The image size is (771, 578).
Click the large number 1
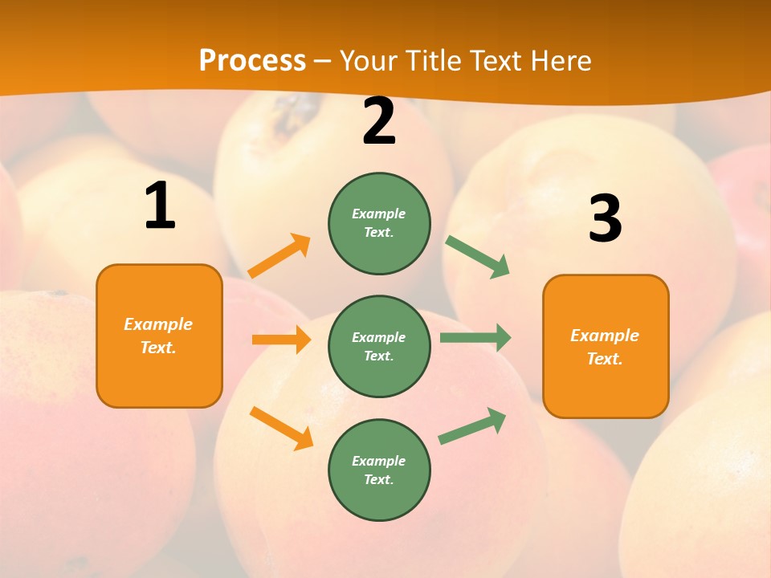160,206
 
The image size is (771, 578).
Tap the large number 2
379,122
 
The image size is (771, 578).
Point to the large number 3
605,219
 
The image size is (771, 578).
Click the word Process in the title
252,60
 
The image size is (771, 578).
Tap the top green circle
379,223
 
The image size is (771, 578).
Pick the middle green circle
379,346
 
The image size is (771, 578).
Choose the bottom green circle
379,470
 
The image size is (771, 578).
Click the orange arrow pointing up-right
279,256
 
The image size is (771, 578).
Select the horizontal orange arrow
281,340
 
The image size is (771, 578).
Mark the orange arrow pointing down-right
281,428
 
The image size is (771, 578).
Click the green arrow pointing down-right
478,257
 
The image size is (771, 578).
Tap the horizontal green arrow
475,338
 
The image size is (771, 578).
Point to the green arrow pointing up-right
472,426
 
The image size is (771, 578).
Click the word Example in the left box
158,324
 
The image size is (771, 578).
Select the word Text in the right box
604,359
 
